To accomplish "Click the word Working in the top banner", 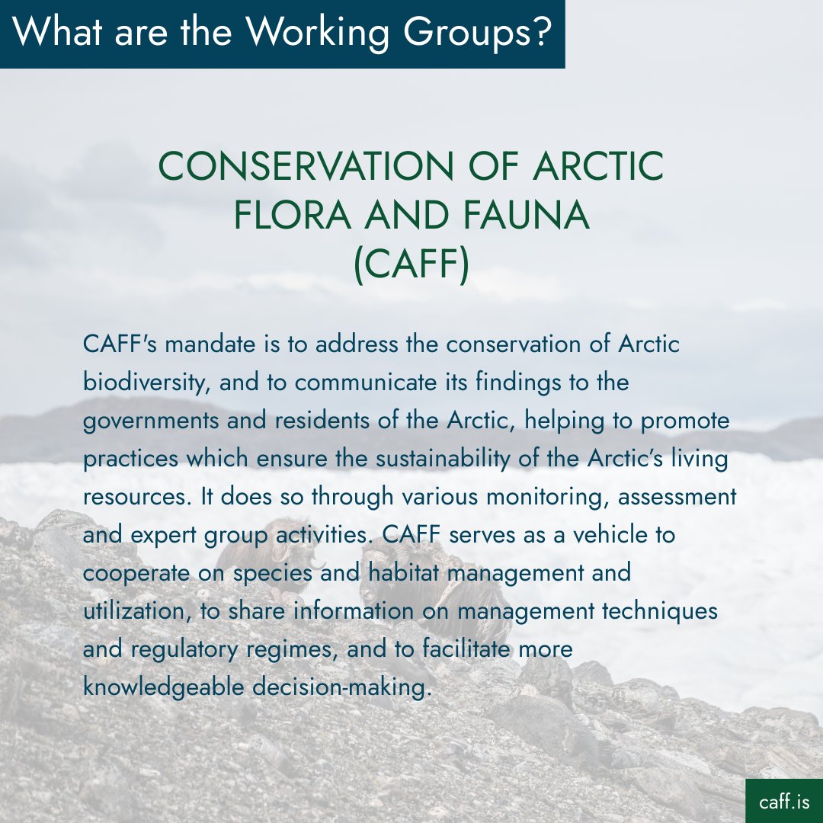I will point(315,33).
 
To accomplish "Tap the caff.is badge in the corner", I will point(783,802).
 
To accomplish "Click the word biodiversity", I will point(146,383).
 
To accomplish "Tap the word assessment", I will point(677,497).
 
